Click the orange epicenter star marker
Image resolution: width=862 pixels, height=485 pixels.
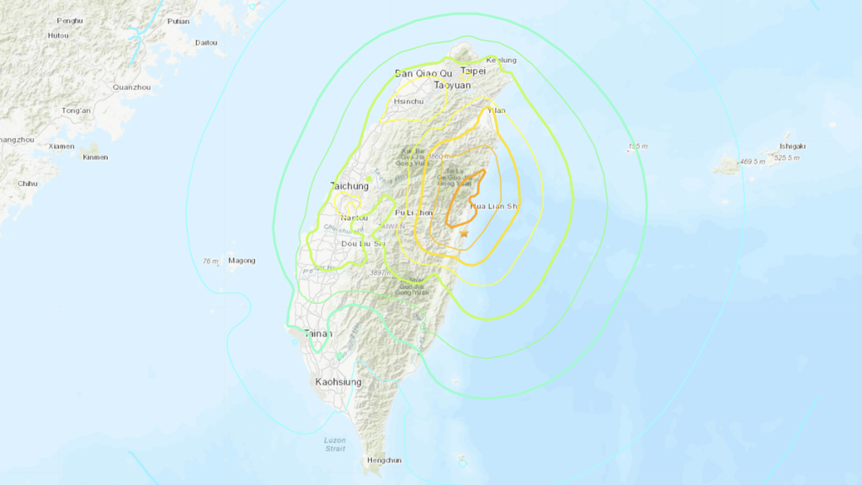464,233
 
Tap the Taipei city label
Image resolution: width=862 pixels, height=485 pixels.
473,72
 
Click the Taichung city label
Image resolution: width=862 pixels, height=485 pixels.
349,186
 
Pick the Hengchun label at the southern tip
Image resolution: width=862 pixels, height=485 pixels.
385,461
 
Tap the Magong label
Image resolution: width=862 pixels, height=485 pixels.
242,260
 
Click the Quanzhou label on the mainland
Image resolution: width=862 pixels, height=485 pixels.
131,87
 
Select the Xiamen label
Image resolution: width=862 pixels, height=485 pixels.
61,146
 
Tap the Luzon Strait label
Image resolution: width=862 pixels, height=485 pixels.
334,444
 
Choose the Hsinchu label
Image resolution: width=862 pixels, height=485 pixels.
409,101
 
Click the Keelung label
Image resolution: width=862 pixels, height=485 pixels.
501,61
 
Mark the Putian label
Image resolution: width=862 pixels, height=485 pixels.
178,21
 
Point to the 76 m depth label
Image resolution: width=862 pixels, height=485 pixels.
210,261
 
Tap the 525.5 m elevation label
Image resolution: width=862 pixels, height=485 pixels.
791,157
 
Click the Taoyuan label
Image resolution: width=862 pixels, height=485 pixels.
451,85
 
